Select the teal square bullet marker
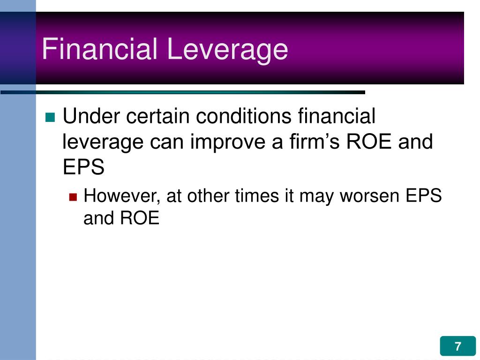coord(50,117)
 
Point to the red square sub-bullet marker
coord(73,197)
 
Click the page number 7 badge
coord(457,347)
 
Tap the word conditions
coord(244,116)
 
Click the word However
coord(122,196)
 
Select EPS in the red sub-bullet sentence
coord(423,196)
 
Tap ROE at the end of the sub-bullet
coord(140,218)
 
